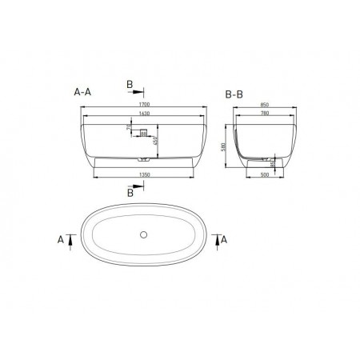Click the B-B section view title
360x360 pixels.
click(x=234, y=94)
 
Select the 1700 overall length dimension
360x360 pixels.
click(x=143, y=106)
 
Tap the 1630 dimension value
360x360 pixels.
click(x=143, y=114)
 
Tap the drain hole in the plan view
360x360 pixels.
click(x=143, y=234)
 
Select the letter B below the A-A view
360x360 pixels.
click(x=130, y=192)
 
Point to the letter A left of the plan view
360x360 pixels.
click(x=62, y=238)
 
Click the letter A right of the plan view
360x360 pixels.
click(x=224, y=238)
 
